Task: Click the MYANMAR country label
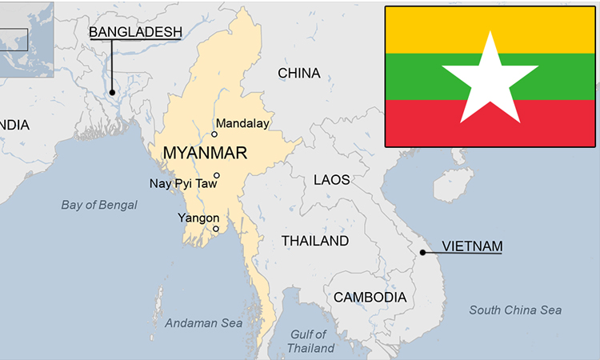coord(204,152)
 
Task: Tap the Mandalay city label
coord(242,123)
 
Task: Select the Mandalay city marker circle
coord(214,134)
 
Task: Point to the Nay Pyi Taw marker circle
coord(217,175)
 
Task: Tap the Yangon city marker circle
coord(216,229)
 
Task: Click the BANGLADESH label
coord(135,32)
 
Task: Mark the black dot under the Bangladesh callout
coord(112,92)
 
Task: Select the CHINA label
coord(298,74)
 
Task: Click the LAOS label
coord(331,180)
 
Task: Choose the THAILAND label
coord(314,241)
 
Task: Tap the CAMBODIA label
coord(370,297)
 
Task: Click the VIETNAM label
coord(473,246)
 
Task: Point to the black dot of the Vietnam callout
coord(422,253)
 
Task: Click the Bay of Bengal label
coord(99,205)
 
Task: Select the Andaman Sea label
coord(203,323)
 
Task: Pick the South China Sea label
coord(515,310)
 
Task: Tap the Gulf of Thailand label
coord(310,341)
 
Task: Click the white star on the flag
coord(490,78)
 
